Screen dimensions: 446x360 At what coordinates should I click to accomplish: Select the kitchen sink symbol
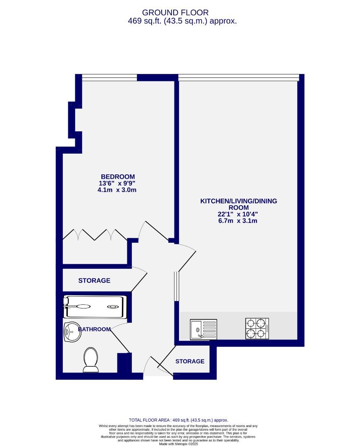(x=203, y=330)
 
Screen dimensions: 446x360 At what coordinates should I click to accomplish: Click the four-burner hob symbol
(x=257, y=329)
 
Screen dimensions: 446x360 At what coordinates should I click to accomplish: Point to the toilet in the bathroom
(x=91, y=359)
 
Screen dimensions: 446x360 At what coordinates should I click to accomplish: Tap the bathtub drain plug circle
(x=112, y=307)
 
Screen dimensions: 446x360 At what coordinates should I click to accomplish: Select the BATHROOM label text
(x=94, y=329)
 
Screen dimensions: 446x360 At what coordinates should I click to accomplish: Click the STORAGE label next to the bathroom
(x=94, y=280)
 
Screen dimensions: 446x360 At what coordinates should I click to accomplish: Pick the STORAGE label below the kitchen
(x=190, y=361)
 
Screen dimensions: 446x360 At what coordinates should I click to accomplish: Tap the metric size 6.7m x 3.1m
(x=238, y=221)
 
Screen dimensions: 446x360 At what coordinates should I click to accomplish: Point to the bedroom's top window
(x=109, y=77)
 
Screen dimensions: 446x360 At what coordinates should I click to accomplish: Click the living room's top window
(x=238, y=77)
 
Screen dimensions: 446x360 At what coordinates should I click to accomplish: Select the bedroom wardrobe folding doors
(x=95, y=234)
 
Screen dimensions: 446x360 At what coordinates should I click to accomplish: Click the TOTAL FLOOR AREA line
(x=179, y=420)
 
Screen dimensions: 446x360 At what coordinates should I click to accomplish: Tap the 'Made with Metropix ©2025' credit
(x=179, y=444)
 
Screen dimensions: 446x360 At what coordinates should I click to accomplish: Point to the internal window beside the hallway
(x=176, y=286)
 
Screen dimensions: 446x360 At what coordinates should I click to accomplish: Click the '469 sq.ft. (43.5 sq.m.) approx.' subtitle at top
(x=182, y=21)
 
